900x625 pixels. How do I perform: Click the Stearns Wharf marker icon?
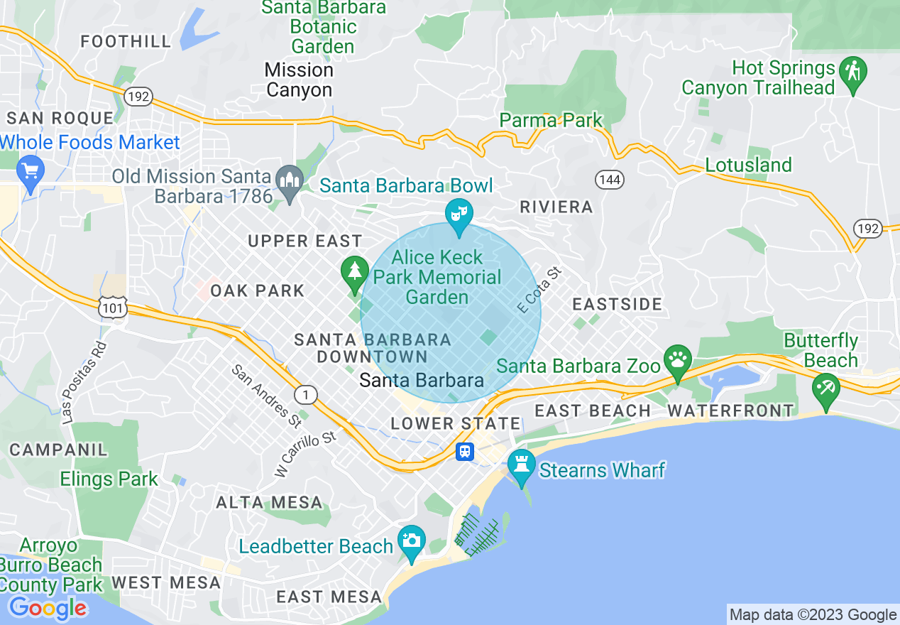click(522, 466)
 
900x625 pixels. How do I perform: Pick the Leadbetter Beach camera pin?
click(411, 541)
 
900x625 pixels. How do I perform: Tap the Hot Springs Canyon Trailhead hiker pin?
click(852, 73)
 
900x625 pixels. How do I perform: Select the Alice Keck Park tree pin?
click(353, 272)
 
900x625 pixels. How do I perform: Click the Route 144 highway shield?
click(610, 180)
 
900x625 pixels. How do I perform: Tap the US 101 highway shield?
click(114, 306)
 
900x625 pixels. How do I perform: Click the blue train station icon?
click(465, 451)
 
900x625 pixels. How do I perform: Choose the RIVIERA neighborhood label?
click(556, 207)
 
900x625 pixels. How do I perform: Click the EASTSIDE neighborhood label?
click(617, 305)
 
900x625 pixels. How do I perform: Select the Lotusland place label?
click(748, 165)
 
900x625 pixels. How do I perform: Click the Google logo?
click(48, 608)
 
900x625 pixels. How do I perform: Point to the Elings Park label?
click(109, 479)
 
